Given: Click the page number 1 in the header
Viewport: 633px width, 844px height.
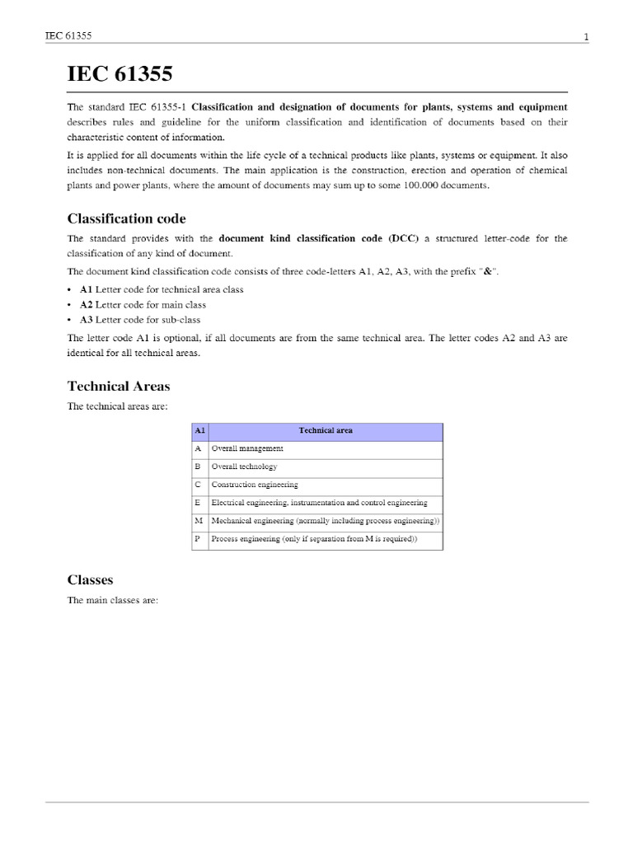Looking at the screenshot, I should click(x=585, y=36).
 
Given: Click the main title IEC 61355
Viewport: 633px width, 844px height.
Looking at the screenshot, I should click(x=120, y=75).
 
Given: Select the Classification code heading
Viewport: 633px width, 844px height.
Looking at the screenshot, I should click(x=126, y=218).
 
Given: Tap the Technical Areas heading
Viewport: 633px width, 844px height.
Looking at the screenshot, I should click(x=119, y=386).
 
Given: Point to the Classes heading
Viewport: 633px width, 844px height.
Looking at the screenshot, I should click(x=90, y=579).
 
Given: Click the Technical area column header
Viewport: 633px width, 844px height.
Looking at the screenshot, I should click(x=326, y=430).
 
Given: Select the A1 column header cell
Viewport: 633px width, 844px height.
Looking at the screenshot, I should click(x=199, y=430).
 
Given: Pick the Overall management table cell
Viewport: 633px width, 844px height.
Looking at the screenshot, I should click(x=247, y=448).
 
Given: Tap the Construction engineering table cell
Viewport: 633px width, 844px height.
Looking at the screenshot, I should click(x=255, y=485).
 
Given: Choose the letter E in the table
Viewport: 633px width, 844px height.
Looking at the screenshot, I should click(x=198, y=503).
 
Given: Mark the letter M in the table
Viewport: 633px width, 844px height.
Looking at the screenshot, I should click(x=199, y=521).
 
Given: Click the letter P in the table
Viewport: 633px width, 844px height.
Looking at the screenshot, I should click(x=198, y=539).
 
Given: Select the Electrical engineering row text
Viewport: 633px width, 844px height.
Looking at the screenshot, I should click(x=319, y=503).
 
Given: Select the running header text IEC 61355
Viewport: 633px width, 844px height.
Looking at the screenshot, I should click(x=68, y=36).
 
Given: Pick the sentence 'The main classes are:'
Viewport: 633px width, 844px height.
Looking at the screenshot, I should click(x=112, y=600).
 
